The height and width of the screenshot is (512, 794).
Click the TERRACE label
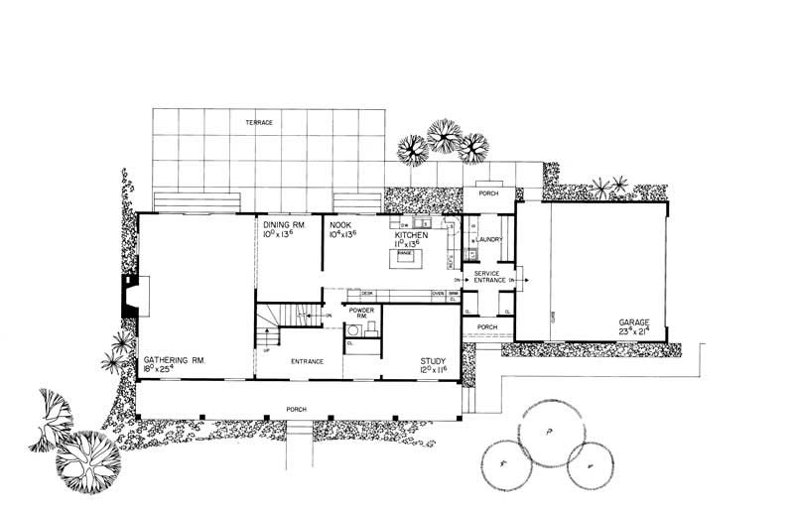260,122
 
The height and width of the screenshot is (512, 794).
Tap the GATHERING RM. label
173,361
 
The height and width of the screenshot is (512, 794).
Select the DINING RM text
283,226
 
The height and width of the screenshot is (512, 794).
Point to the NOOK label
340,226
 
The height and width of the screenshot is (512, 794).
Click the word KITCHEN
411,235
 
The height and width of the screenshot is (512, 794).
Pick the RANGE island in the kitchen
405,257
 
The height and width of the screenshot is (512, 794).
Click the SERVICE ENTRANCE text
486,277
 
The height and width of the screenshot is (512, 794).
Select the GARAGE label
634,323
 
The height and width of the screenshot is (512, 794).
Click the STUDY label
434,361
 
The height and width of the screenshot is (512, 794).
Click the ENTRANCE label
307,361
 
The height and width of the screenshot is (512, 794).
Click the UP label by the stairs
265,349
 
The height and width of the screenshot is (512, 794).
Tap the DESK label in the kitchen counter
366,294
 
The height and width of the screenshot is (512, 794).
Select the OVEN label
437,294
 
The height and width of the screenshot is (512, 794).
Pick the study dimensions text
435,371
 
